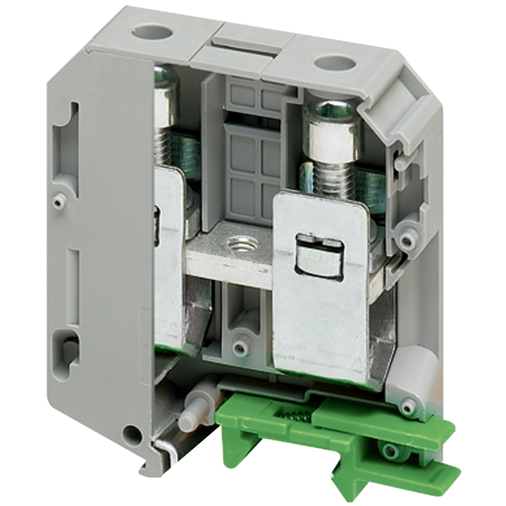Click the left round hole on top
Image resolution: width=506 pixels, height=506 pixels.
152,33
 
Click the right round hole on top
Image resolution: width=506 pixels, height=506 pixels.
335,63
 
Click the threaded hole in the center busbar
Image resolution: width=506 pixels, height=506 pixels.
242,243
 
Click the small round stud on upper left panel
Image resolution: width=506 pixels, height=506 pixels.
59,202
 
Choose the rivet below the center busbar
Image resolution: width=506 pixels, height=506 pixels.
240,348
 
